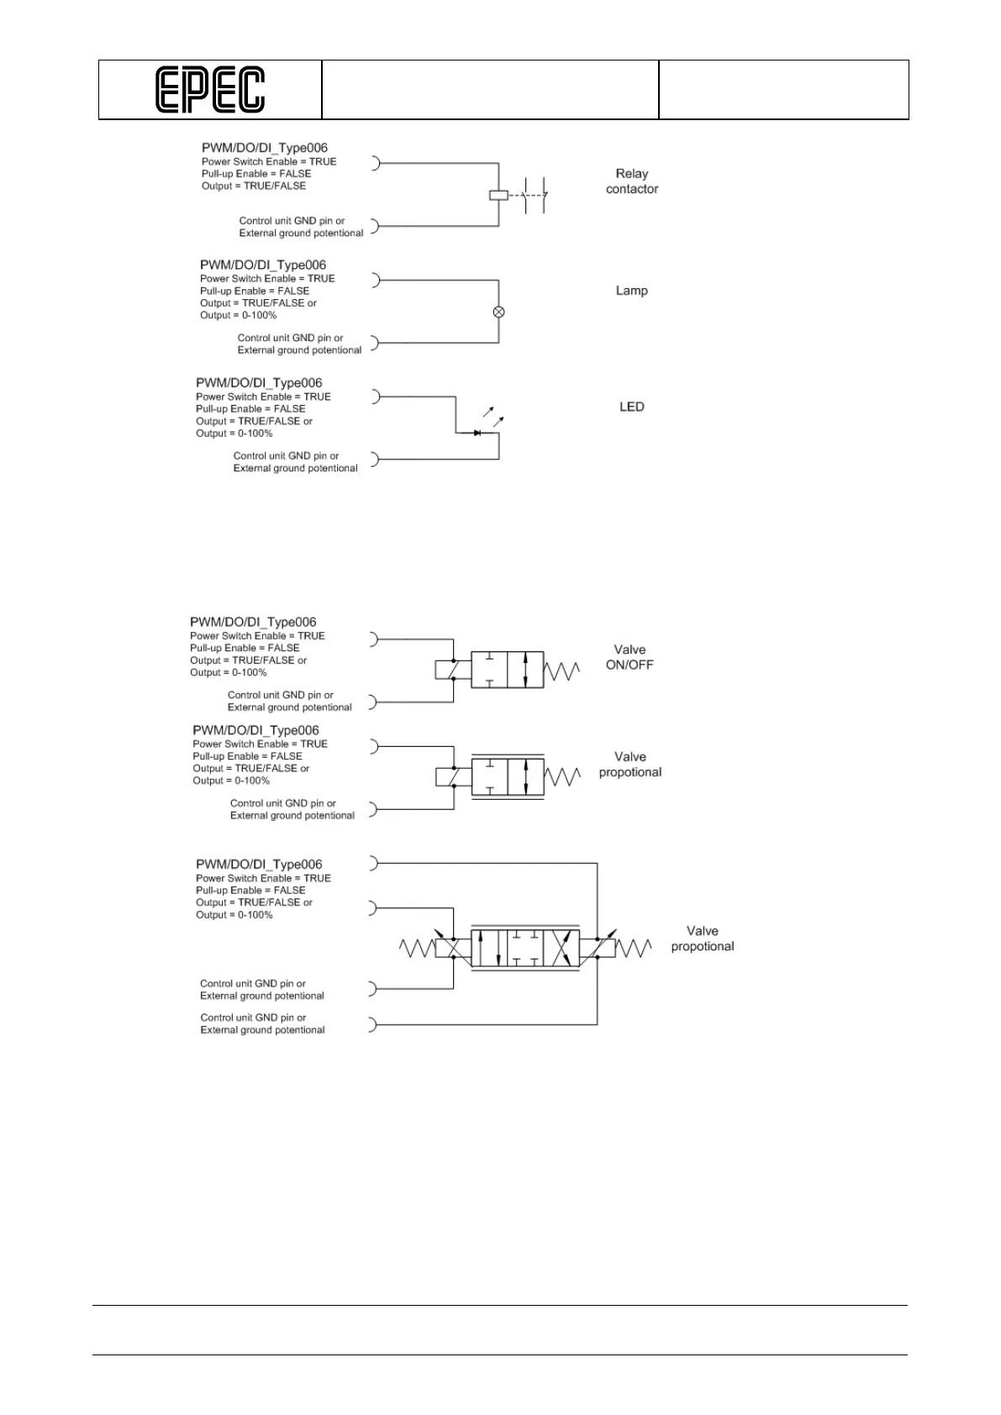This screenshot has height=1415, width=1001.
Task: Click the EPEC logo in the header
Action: tap(210, 90)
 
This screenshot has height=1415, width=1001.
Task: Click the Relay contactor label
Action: tap(632, 181)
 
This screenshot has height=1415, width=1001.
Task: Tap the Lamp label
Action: tap(631, 291)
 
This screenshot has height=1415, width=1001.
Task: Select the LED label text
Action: tap(631, 407)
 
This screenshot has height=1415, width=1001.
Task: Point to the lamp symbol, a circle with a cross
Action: tap(498, 312)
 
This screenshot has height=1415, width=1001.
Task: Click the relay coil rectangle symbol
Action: tap(498, 195)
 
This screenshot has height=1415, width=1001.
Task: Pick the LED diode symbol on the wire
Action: tap(477, 433)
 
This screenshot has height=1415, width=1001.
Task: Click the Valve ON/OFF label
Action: tap(630, 657)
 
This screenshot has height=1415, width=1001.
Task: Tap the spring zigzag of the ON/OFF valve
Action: tap(561, 671)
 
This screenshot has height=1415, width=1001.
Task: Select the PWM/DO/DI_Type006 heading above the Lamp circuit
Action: tap(263, 265)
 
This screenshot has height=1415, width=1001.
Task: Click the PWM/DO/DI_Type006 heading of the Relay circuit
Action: tap(265, 148)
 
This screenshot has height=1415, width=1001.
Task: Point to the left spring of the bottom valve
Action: tap(416, 949)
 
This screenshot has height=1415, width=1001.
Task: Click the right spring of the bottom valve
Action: tap(634, 949)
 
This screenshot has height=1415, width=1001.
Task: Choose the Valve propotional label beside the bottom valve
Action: tap(702, 939)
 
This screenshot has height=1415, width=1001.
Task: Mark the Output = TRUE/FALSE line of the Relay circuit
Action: tap(254, 186)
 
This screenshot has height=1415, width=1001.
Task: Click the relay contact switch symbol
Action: tap(534, 196)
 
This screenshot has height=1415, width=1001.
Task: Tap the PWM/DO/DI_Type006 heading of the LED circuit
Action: tap(259, 383)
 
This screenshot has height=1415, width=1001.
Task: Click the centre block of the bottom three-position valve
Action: tap(525, 948)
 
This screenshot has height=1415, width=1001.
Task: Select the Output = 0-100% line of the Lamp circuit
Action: tap(238, 315)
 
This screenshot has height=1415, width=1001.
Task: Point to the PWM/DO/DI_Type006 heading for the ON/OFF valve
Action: tap(253, 622)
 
